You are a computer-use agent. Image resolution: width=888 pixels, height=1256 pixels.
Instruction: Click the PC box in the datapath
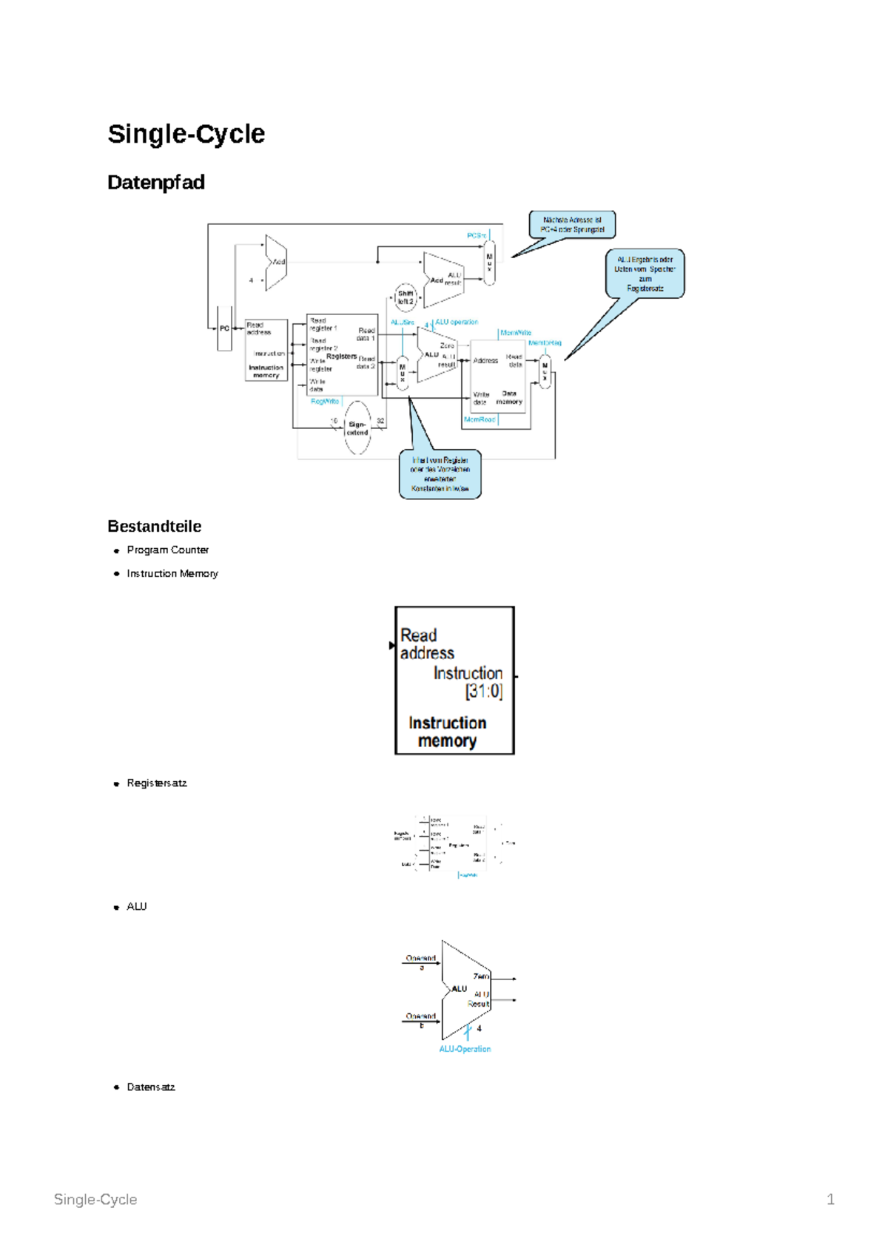(x=224, y=328)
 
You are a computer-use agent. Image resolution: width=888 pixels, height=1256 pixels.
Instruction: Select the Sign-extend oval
(x=357, y=428)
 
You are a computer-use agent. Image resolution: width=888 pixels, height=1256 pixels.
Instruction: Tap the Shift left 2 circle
(x=406, y=297)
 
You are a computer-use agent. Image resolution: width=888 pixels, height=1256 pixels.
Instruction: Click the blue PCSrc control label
(x=476, y=236)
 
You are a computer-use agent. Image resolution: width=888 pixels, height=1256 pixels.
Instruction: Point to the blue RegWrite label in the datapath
(x=325, y=402)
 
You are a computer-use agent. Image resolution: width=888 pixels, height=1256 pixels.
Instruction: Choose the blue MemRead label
(x=479, y=419)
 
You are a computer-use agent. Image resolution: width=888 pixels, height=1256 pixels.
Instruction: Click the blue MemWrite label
(x=516, y=333)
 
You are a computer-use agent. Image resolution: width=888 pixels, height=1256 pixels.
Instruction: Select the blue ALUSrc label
(x=403, y=323)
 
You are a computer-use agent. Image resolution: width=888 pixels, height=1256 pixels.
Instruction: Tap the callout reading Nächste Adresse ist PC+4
(x=572, y=225)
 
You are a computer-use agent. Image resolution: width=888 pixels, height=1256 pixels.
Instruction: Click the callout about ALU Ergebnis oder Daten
(x=645, y=274)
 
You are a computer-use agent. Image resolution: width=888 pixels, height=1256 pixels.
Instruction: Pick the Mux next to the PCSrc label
(x=489, y=263)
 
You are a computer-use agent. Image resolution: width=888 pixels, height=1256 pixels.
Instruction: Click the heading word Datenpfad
(x=156, y=183)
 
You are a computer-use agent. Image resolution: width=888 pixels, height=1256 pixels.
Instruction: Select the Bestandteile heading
(x=154, y=527)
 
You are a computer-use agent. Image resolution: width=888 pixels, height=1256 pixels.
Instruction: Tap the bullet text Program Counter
(x=168, y=550)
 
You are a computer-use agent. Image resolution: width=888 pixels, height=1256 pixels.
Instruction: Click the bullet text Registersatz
(x=157, y=783)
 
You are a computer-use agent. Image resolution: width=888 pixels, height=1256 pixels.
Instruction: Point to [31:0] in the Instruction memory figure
(x=484, y=692)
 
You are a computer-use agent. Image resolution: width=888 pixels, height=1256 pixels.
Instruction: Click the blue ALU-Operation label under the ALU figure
(x=465, y=1049)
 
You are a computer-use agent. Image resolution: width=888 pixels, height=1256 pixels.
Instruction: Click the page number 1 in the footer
(x=830, y=1200)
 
